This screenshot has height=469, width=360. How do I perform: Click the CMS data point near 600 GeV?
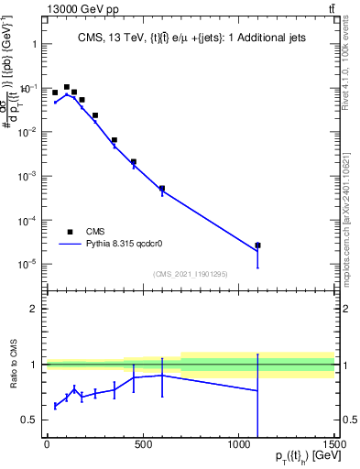pyautogui.click(x=162, y=189)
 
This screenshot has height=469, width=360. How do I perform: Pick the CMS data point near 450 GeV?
pyautogui.click(x=134, y=161)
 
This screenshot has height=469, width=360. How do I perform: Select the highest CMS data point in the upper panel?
pyautogui.click(x=67, y=87)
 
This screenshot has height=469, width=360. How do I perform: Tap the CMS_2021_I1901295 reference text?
pyautogui.click(x=190, y=274)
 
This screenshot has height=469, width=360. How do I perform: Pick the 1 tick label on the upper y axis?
pyautogui.click(x=33, y=44)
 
